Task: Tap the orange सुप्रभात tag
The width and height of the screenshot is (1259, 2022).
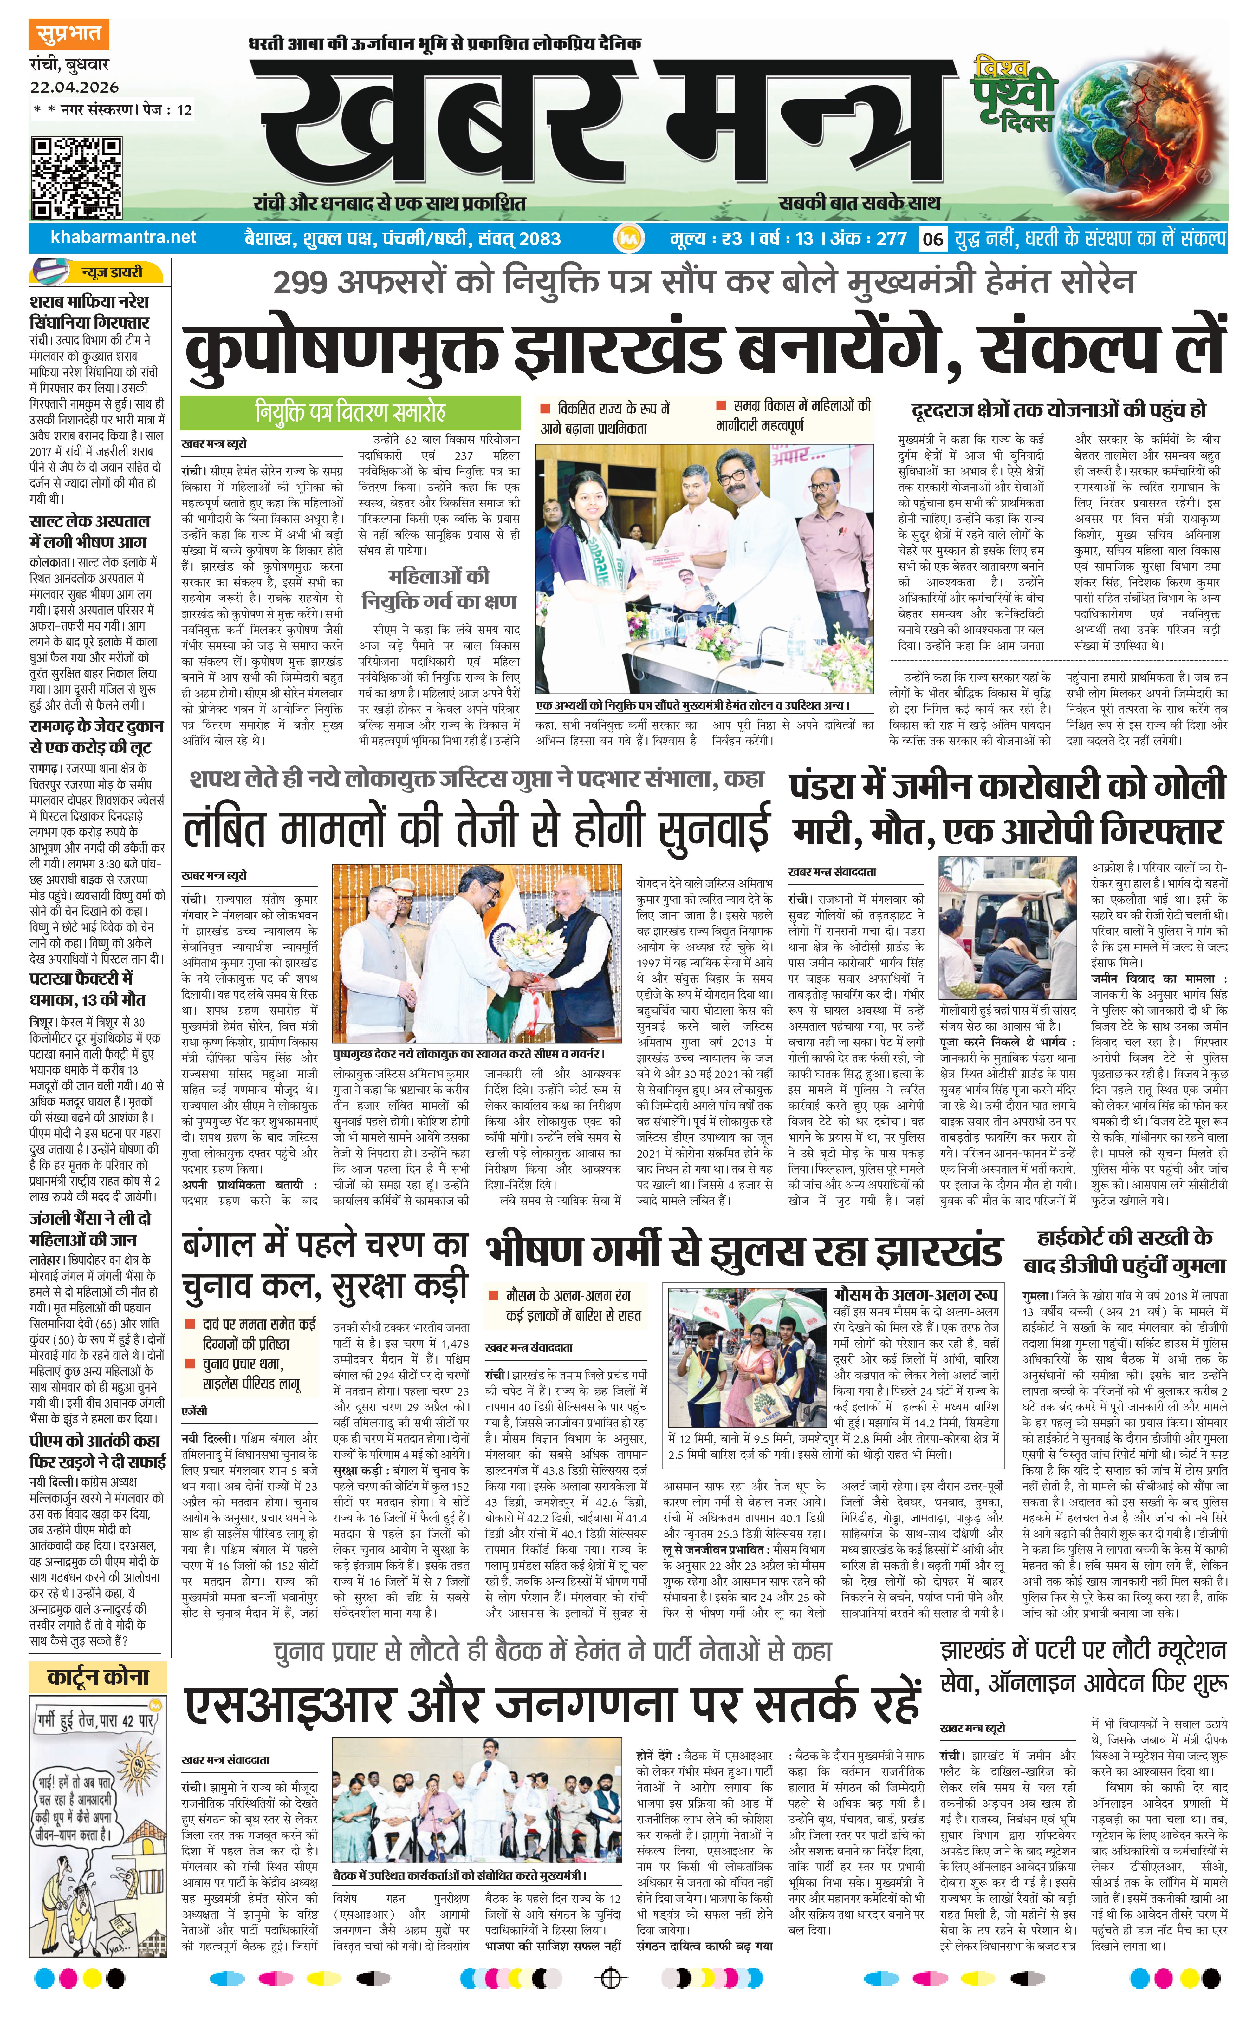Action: (68, 35)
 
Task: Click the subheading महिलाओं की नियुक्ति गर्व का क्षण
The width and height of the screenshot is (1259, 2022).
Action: (439, 588)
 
